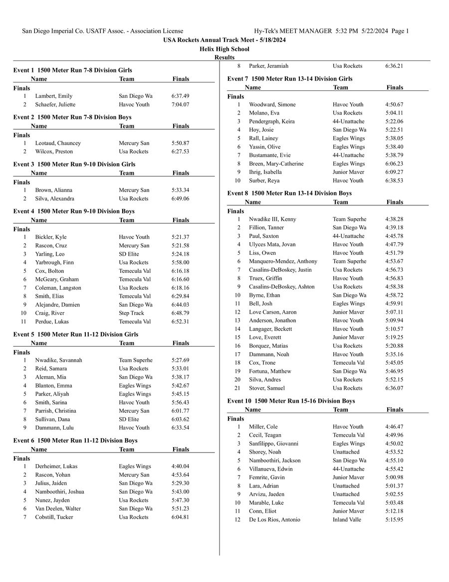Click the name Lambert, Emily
pos(53,96)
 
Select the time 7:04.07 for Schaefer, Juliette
pos(180,104)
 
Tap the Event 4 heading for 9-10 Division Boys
pos(74,211)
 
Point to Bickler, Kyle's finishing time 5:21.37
pos(180,237)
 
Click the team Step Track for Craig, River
pos(131,313)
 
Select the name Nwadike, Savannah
pos(58,360)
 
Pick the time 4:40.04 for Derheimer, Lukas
pos(180,466)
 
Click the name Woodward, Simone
pos(272,104)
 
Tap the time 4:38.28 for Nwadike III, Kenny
pos(394,219)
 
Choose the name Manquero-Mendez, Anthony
pos(283,261)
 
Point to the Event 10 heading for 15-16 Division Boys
pos(291,401)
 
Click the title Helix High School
pos(224,49)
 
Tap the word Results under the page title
pos(224,57)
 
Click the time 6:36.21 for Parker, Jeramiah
pos(394,66)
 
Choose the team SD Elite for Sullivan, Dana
pos(129,419)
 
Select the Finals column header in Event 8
pos(394,202)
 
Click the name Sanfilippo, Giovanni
pos(274,444)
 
